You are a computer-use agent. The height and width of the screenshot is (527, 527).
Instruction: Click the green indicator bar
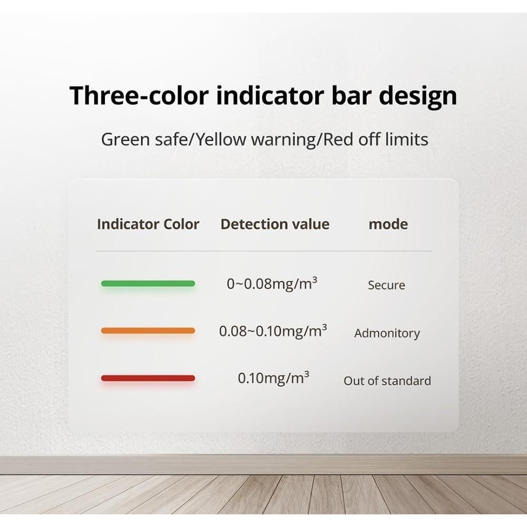[148, 284]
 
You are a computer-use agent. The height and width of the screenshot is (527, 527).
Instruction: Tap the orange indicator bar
[148, 331]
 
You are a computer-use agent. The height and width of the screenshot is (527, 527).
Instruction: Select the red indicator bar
[148, 378]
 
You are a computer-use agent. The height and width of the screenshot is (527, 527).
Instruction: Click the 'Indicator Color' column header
[148, 224]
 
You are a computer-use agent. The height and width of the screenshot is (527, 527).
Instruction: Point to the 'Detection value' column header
[275, 224]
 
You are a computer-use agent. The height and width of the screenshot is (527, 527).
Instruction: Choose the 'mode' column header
[388, 224]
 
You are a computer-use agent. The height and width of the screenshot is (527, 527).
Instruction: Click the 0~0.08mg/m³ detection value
[272, 284]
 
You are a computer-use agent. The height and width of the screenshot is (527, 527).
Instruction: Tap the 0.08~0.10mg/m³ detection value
[273, 331]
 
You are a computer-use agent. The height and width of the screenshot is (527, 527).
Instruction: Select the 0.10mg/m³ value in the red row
[273, 378]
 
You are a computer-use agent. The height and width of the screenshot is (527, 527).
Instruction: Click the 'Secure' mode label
[386, 285]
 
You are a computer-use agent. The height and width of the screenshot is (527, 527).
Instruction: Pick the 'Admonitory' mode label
[387, 333]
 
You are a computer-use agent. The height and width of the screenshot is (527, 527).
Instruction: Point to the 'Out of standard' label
[387, 381]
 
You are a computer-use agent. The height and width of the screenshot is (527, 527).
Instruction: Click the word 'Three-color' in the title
[139, 95]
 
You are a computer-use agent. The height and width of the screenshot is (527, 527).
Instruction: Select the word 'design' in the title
[418, 97]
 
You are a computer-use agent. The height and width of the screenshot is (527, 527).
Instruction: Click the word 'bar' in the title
[351, 95]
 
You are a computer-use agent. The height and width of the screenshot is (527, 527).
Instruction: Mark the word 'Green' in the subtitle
[125, 139]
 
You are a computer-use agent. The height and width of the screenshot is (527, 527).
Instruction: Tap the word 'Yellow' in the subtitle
[221, 139]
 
